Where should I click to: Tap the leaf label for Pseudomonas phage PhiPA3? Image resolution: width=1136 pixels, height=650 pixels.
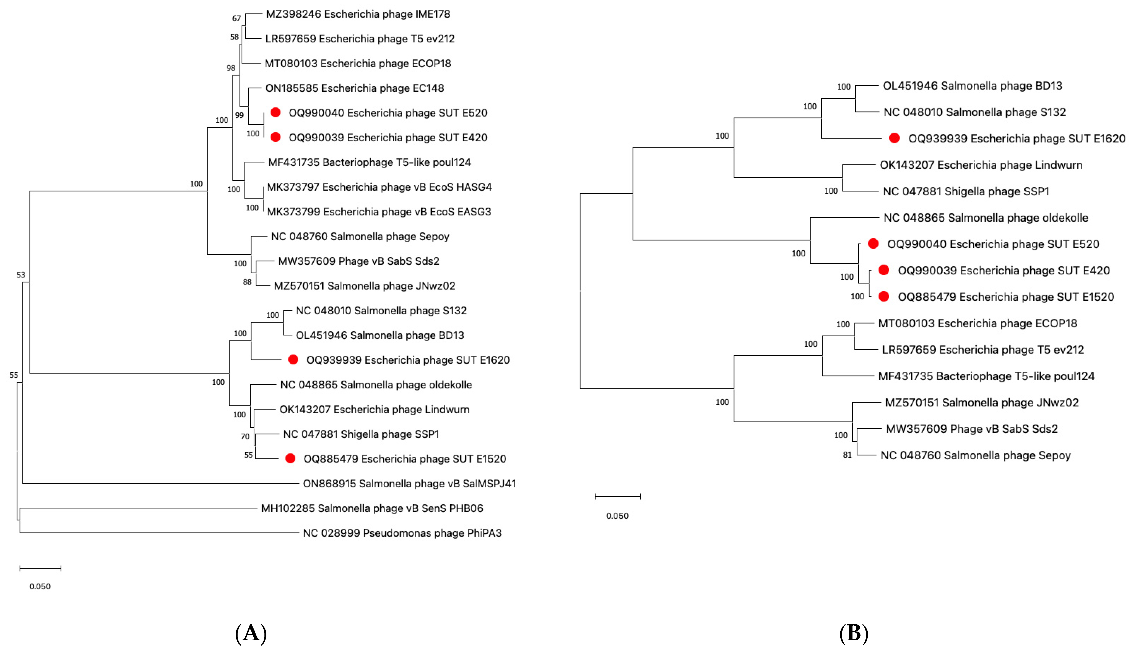point(402,533)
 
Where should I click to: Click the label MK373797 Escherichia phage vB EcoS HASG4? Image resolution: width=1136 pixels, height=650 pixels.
point(379,187)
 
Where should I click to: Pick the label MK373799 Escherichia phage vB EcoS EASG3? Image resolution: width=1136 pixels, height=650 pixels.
point(379,212)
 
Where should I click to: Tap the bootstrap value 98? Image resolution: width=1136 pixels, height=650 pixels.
point(230,68)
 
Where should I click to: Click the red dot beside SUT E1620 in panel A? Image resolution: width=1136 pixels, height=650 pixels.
point(293,360)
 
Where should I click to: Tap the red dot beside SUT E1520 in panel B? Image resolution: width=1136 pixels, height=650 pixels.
point(884,297)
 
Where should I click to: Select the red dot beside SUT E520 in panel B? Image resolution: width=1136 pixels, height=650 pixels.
point(873,244)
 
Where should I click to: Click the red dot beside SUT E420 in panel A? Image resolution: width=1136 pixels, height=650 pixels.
point(275,137)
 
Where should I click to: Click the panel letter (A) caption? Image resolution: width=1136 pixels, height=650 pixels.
point(251,633)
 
